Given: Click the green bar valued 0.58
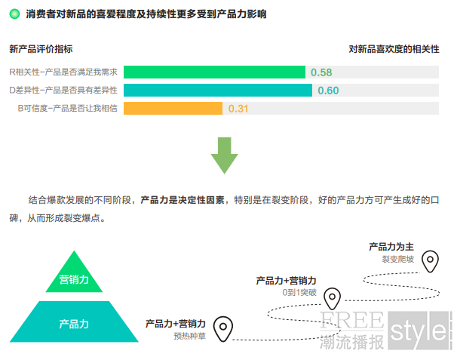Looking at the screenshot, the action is tap(214, 72).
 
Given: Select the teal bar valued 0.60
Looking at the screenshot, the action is tap(218, 90).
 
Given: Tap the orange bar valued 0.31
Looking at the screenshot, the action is tap(173, 108).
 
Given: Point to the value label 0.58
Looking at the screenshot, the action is tap(321, 72).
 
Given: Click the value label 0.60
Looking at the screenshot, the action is tap(328, 91).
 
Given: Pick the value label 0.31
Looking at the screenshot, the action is tap(238, 109).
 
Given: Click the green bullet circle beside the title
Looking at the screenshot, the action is tap(14, 14).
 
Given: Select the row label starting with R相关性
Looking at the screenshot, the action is tap(63, 72).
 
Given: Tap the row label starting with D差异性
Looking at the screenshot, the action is tap(63, 90).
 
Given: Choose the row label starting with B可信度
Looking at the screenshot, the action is tap(68, 108).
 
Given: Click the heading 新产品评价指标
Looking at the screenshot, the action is tap(41, 49).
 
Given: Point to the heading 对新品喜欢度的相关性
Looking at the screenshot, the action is tap(394, 49).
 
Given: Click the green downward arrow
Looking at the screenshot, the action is tap(225, 155).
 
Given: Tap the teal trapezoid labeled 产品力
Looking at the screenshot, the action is tap(74, 322).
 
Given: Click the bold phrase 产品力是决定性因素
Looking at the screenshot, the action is tap(182, 200).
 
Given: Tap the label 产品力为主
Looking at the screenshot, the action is tap(391, 247).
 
